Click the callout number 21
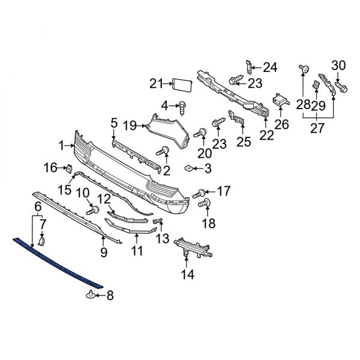(x=156, y=83)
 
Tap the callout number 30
(x=338, y=66)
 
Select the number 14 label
(x=188, y=275)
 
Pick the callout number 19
(x=131, y=125)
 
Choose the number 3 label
(x=207, y=169)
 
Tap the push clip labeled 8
(x=91, y=293)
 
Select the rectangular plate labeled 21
(x=181, y=83)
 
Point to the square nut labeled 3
(x=188, y=169)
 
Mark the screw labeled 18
(x=201, y=206)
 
